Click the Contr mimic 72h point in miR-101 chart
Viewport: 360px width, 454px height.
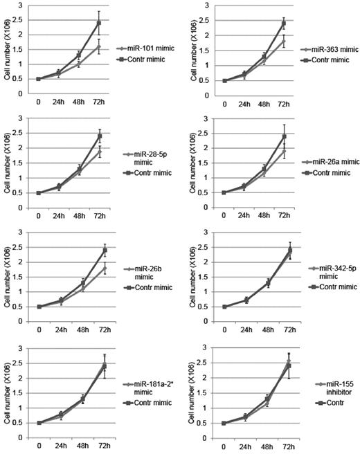click(x=99, y=23)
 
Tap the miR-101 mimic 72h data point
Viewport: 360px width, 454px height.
click(x=99, y=47)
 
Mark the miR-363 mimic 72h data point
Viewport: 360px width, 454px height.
click(x=282, y=41)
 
